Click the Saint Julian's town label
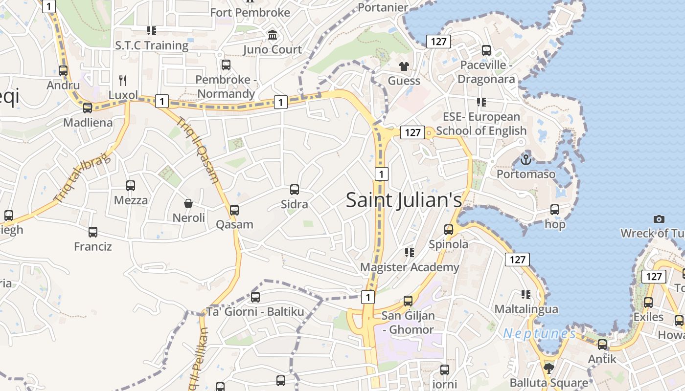coord(404,200)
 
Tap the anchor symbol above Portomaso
coord(525,159)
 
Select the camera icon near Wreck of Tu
coord(659,219)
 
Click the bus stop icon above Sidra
coord(294,190)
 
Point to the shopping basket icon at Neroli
coord(188,203)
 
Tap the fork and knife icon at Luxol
coord(123,80)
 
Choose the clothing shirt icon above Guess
coord(404,66)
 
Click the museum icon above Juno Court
coord(273,35)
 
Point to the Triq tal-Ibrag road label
coord(82,179)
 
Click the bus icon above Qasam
coord(234,210)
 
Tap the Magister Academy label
coord(410,267)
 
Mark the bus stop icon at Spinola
coord(448,230)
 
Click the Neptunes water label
coord(539,334)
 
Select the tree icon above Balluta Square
coord(548,368)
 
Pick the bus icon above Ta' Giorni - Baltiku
coord(255,297)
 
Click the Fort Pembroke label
coord(250,12)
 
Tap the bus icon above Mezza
coord(130,186)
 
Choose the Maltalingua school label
coord(526,309)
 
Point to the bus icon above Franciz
coord(93,232)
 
